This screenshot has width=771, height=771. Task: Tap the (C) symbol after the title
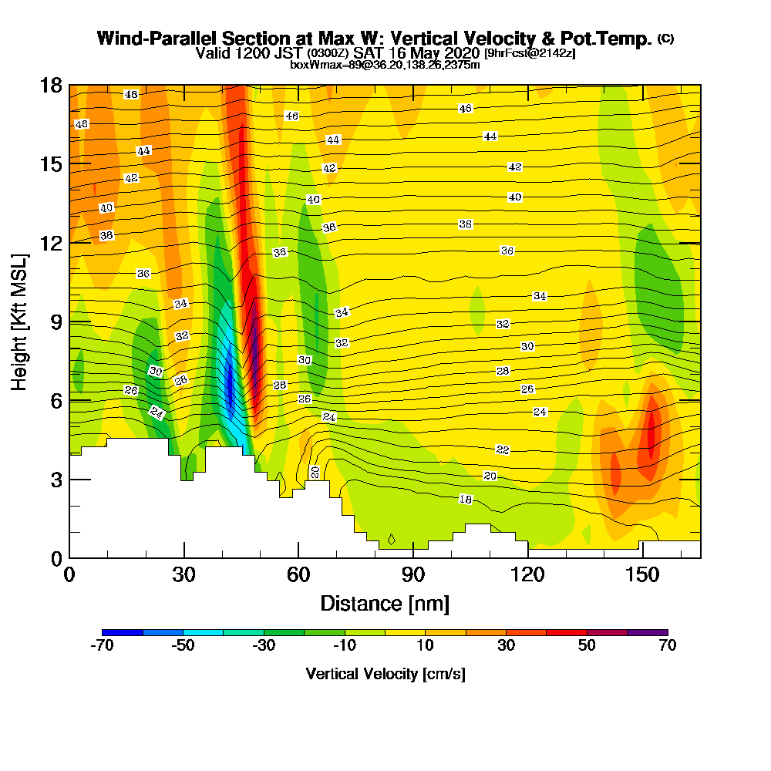pos(665,39)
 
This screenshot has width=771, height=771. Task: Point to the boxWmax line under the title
pos(385,65)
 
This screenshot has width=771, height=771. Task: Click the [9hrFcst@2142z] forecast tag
pos(529,53)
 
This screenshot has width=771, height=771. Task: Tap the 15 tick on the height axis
pos(52,164)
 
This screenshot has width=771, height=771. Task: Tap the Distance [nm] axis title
pos(385,603)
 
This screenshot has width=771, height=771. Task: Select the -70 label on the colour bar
pos(103,645)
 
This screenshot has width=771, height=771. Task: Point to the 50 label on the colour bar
pos(587,645)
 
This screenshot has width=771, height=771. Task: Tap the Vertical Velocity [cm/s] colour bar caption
pos(385,674)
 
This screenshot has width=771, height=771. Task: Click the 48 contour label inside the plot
pos(131,94)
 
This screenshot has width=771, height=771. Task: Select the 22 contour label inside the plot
pos(503,449)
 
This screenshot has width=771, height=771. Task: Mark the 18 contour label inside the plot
pos(466,500)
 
